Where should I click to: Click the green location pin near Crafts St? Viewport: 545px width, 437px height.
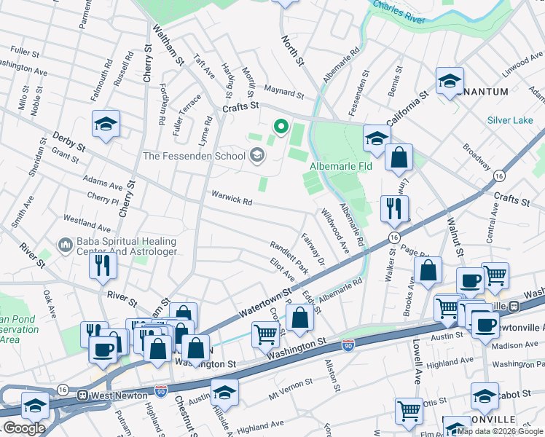(280, 127)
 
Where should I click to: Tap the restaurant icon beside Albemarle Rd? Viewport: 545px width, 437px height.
(394, 209)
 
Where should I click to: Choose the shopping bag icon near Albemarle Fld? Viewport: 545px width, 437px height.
(399, 158)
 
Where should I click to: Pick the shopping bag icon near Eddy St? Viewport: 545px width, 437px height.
(299, 318)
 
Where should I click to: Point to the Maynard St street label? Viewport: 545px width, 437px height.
(283, 93)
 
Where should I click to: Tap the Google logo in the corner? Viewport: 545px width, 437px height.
(24, 428)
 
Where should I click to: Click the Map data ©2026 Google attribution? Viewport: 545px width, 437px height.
(500, 431)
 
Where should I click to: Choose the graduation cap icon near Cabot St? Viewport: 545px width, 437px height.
(484, 396)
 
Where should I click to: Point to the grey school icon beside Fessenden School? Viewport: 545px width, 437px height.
(256, 154)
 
